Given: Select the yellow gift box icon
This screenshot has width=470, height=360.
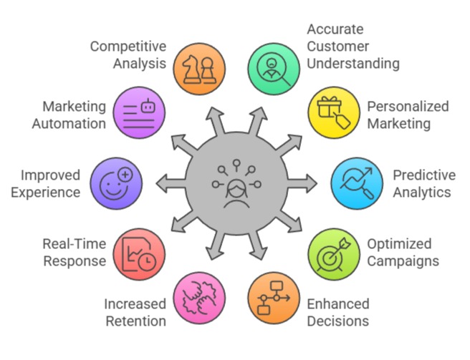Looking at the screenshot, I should click(333, 113).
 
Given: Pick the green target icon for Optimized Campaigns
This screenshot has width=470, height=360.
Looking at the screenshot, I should click(333, 253).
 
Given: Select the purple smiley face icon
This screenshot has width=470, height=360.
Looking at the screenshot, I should click(117, 182).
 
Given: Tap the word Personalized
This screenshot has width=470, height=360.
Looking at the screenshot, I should click(408, 107).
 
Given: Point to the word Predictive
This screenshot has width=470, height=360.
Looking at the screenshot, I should click(423, 175).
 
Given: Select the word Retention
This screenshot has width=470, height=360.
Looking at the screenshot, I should click(135, 321).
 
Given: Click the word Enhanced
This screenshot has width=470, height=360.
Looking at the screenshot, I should click(337, 304).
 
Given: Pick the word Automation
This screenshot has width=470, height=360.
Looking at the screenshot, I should click(74, 123).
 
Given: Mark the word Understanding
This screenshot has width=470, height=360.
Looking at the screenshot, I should click(353, 63).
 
